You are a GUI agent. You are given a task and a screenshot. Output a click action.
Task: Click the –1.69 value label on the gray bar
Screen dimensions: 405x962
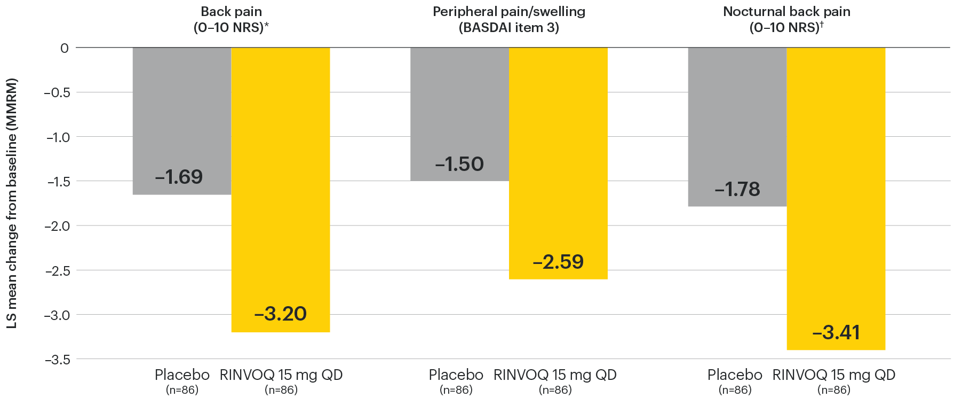[179, 177]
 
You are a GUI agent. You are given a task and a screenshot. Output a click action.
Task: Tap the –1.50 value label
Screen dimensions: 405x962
[459, 164]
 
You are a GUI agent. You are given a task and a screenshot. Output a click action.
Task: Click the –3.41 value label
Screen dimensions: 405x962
[836, 332]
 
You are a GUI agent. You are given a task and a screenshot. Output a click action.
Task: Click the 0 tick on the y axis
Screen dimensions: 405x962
[65, 48]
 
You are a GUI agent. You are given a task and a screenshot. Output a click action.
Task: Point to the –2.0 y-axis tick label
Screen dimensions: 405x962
[57, 226]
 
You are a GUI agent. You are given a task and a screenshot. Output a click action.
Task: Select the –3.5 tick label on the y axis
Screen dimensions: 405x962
[57, 360]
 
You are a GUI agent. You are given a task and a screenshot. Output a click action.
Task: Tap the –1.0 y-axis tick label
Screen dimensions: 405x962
[57, 137]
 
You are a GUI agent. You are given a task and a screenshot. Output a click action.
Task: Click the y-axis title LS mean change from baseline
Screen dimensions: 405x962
[12, 203]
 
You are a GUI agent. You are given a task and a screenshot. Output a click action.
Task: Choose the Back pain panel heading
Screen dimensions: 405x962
[231, 12]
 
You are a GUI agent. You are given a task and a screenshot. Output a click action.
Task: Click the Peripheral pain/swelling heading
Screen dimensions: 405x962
[509, 12]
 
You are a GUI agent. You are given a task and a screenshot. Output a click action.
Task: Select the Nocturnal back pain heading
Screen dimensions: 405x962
[786, 12]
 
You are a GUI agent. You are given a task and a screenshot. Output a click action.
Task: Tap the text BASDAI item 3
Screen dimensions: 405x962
[509, 28]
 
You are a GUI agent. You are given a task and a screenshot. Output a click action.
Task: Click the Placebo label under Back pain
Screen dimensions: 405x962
[182, 375]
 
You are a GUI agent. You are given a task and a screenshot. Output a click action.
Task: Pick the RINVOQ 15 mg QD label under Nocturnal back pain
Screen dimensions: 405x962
[833, 375]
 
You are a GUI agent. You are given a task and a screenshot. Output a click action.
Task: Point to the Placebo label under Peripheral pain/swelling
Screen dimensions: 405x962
[456, 375]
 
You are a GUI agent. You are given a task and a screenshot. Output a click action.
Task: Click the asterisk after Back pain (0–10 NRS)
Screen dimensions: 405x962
[267, 25]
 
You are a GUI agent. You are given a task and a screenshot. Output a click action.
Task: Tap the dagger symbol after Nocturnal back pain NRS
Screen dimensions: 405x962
[822, 24]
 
